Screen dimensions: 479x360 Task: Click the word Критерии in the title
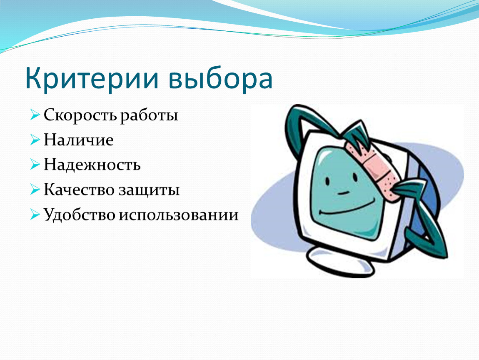point(92,78)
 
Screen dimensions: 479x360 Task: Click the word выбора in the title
point(220,78)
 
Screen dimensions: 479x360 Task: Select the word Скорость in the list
point(80,115)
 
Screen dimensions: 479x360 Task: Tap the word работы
point(149,116)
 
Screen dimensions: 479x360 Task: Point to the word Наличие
point(78,140)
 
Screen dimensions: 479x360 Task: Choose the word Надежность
point(92,165)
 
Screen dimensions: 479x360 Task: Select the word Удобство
point(80,214)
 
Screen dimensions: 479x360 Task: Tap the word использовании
point(179,215)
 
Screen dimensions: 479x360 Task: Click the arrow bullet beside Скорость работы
point(35,115)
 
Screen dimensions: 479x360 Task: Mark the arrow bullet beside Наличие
point(35,140)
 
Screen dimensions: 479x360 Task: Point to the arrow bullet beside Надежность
point(35,165)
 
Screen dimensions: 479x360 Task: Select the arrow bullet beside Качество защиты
point(35,190)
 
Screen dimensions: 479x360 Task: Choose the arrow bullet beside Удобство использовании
point(35,214)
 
